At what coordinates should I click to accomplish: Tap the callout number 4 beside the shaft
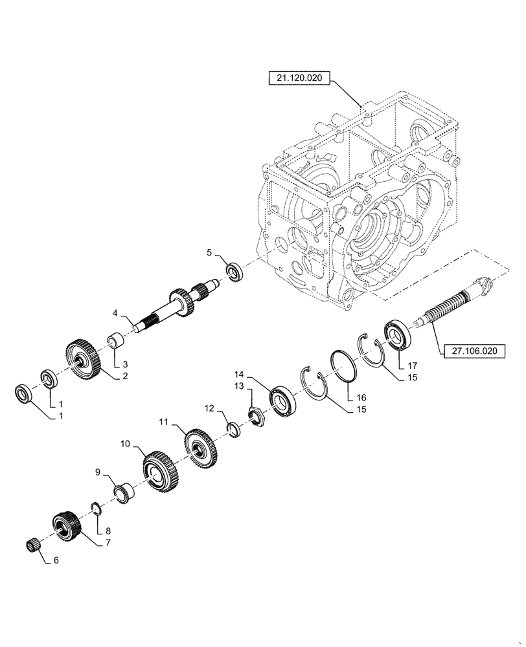115,313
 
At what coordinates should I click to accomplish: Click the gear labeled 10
159,474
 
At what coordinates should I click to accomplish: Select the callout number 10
125,444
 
